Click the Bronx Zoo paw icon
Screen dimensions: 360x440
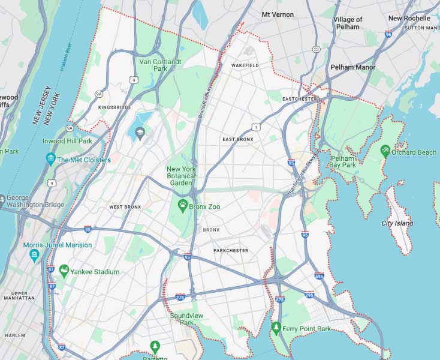point(182,206)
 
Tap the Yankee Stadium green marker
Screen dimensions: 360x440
point(64,271)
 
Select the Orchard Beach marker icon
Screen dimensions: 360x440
point(385,151)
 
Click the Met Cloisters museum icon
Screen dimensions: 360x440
point(50,159)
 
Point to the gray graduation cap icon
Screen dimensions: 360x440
point(141,133)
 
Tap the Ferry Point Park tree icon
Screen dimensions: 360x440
point(276,328)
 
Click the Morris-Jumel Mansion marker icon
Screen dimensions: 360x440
point(34,256)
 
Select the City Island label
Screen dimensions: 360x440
point(397,223)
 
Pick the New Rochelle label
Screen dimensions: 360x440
point(409,19)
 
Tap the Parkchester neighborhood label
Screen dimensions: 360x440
point(231,251)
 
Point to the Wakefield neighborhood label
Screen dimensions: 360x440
point(245,65)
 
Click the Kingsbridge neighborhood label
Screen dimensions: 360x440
point(114,107)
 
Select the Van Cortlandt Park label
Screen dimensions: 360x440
point(153,65)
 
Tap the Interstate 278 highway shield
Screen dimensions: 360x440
point(180,296)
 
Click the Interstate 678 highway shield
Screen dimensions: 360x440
point(279,298)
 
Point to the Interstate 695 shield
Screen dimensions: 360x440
point(319,276)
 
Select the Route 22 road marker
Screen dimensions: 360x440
point(316,49)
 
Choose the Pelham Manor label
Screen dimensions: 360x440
point(352,68)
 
